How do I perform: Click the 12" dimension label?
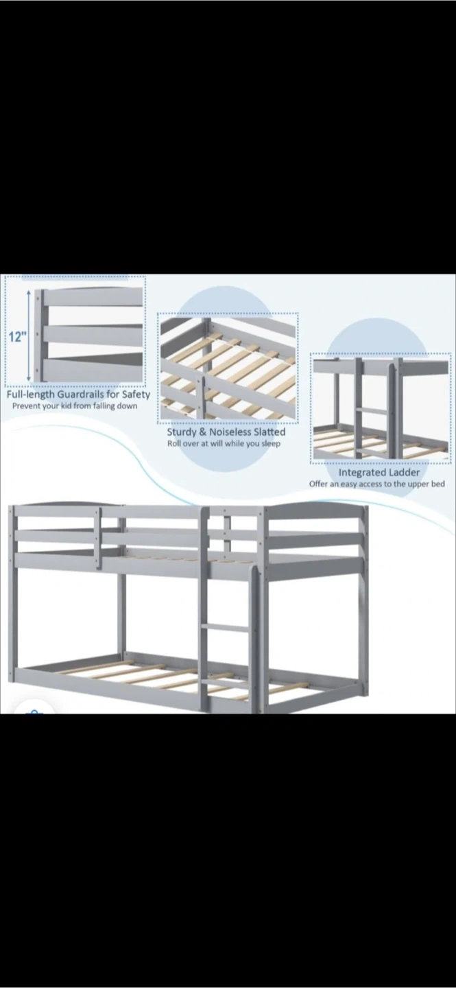click(x=17, y=338)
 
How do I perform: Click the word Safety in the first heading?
click(x=136, y=395)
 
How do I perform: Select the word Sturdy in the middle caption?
click(x=181, y=432)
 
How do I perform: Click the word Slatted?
click(x=269, y=432)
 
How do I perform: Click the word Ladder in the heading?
click(x=404, y=472)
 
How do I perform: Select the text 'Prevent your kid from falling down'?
click(x=75, y=405)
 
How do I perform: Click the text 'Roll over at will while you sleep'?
click(x=224, y=443)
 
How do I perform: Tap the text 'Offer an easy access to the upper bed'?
click(x=376, y=484)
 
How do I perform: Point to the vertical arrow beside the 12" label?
click(x=29, y=336)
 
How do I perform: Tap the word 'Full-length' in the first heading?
click(x=31, y=395)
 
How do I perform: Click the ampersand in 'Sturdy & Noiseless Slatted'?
click(x=202, y=432)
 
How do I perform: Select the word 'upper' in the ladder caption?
click(x=417, y=484)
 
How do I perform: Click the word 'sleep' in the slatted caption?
click(x=271, y=444)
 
